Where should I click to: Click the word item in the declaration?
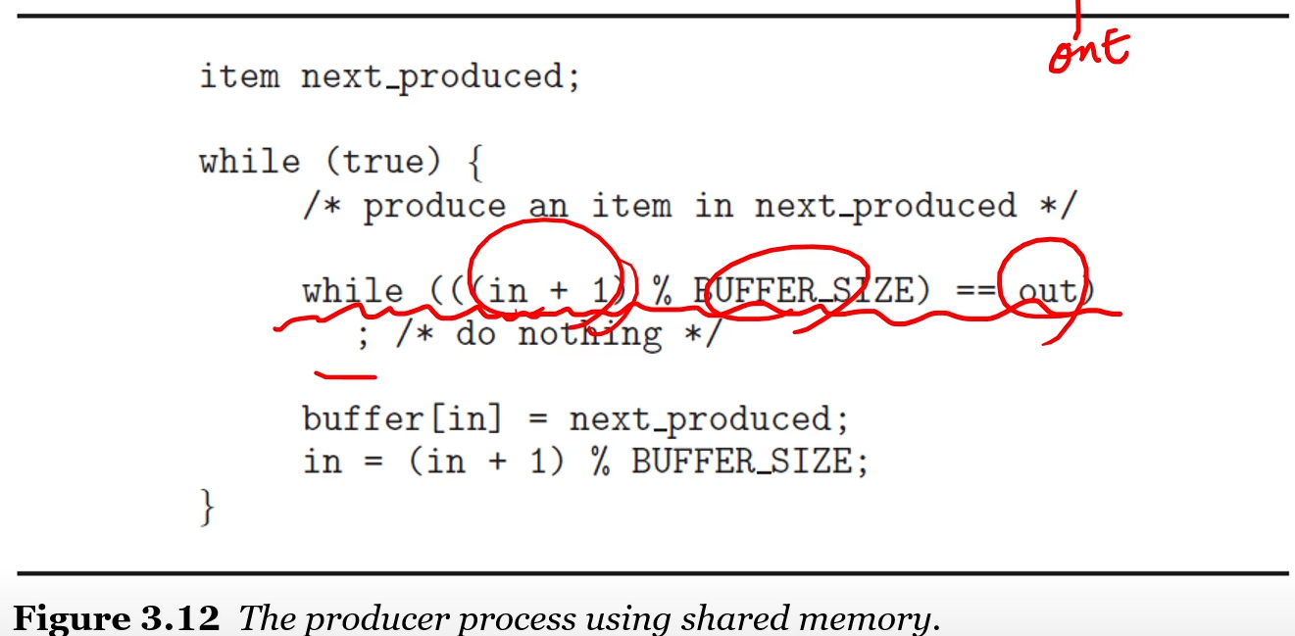coord(239,76)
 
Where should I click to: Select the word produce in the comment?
coord(434,207)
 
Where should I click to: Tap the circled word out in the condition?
coord(1045,291)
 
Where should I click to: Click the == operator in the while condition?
coord(971,291)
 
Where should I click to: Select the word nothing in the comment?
coord(589,335)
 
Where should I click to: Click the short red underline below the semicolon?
coord(344,373)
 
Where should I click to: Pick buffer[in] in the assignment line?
coord(402,419)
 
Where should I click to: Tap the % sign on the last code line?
coord(599,462)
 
